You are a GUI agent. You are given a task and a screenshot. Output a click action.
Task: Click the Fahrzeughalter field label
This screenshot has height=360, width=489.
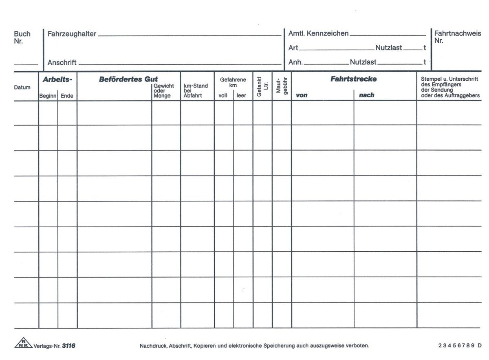click(x=72, y=34)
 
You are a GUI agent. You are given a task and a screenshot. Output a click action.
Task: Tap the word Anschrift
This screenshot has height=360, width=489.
click(x=62, y=63)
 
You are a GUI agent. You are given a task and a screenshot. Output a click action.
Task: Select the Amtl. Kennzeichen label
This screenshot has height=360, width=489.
click(x=318, y=34)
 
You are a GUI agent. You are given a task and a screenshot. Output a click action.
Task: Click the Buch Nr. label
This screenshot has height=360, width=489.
click(x=22, y=37)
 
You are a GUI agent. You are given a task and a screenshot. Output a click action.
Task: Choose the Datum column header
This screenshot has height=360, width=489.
click(x=22, y=88)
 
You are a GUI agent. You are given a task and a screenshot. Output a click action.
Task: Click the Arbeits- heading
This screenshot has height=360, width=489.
click(x=57, y=80)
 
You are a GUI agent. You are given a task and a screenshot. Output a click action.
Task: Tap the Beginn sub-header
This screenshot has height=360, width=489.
click(x=48, y=96)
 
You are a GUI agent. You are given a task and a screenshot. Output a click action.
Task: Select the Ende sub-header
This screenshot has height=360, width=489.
click(x=67, y=96)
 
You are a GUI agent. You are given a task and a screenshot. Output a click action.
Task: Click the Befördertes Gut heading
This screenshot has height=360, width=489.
click(x=128, y=79)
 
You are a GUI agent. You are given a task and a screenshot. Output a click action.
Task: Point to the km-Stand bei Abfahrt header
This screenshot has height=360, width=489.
click(x=196, y=91)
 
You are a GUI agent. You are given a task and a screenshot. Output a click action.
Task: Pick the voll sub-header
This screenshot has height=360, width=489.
click(x=223, y=96)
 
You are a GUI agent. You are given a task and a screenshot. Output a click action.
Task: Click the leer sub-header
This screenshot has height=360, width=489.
click(x=242, y=96)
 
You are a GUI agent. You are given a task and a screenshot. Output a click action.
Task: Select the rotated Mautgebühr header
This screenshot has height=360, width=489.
click(x=282, y=87)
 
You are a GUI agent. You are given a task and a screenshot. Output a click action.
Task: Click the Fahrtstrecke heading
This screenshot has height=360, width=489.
click(x=353, y=79)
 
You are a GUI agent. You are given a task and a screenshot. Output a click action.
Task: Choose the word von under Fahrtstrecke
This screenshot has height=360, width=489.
click(x=302, y=95)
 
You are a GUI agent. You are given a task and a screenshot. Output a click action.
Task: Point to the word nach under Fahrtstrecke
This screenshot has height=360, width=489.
click(x=366, y=95)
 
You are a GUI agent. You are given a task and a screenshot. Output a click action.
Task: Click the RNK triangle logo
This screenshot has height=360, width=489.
click(x=23, y=344)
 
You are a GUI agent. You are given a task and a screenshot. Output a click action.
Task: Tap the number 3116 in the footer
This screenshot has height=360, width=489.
click(x=69, y=346)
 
